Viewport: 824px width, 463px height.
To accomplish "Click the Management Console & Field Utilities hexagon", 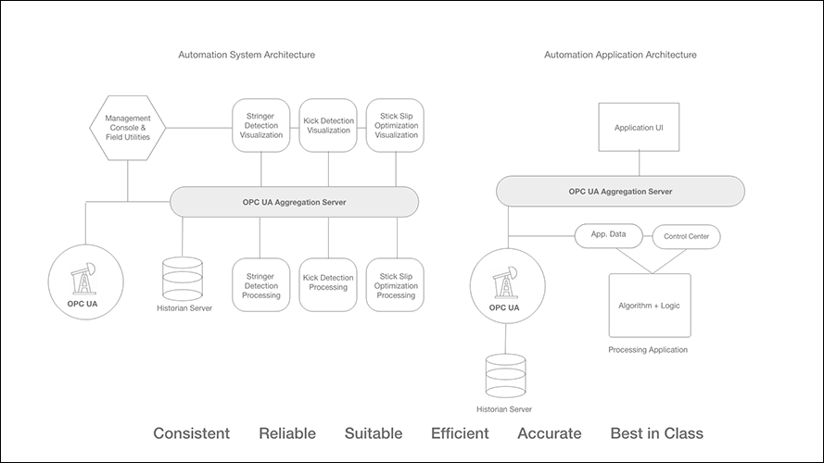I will [x=128, y=128].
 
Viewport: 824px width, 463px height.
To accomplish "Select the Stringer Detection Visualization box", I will [x=260, y=126].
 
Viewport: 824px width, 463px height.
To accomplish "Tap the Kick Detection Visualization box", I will [x=328, y=126].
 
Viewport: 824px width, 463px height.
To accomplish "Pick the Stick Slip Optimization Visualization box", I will [x=397, y=126].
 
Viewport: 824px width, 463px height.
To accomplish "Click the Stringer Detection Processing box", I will [x=260, y=284].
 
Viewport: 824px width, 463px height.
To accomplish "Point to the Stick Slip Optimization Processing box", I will [x=397, y=284].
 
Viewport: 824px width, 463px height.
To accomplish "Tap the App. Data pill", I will [x=609, y=235].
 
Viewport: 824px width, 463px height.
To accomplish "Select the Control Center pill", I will [x=687, y=237].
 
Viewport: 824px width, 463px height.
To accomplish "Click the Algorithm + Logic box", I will [x=649, y=305].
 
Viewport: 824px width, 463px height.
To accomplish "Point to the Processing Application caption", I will [x=648, y=350].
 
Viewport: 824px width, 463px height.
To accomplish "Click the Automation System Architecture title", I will [x=247, y=56].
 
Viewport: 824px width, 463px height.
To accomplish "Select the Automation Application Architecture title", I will [x=620, y=56].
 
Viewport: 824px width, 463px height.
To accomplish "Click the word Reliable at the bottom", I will [x=287, y=433].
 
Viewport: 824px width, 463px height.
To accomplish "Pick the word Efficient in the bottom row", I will [x=460, y=433].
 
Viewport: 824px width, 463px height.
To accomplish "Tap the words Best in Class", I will [x=656, y=433].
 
